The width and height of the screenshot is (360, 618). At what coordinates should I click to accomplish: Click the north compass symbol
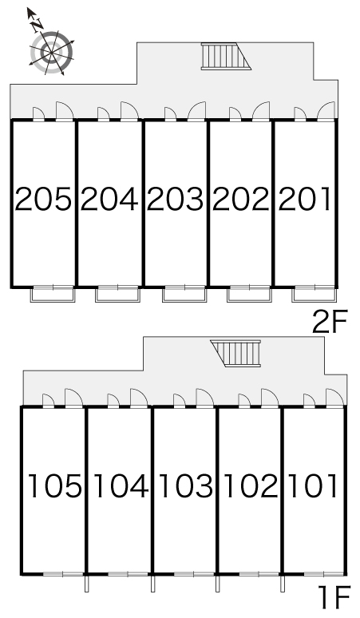tap(52, 50)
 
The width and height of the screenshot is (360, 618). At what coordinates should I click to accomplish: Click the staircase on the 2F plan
tap(226, 56)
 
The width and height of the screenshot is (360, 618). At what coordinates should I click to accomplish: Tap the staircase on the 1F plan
tap(236, 353)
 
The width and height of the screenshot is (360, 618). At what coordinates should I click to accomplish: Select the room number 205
tap(43, 199)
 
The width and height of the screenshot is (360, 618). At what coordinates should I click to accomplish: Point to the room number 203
tap(176, 199)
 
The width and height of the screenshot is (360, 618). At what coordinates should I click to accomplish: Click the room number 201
tap(304, 199)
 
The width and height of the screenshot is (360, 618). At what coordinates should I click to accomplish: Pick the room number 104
tap(121, 485)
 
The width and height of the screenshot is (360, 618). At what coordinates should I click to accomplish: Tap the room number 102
tap(251, 485)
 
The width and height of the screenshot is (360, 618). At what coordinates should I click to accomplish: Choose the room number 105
tap(55, 485)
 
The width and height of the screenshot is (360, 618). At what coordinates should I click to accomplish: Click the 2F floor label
tap(330, 322)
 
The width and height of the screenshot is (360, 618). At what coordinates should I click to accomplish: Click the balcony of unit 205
tap(53, 294)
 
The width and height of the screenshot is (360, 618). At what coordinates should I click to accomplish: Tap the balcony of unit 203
tap(184, 294)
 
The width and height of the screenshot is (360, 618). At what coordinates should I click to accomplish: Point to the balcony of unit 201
tap(314, 294)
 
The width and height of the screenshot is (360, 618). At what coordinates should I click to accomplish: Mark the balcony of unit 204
tap(117, 294)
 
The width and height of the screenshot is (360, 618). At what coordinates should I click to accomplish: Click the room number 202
tap(240, 199)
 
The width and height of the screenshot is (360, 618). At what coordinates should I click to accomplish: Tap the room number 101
tap(314, 485)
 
